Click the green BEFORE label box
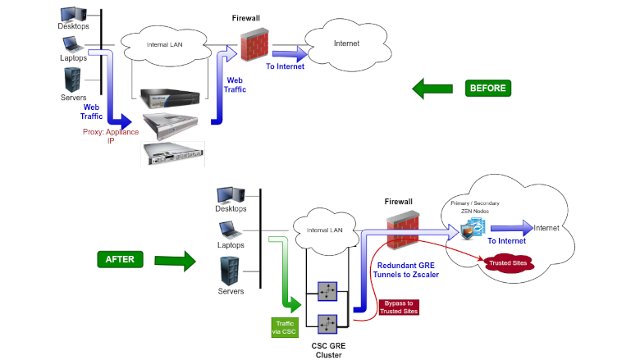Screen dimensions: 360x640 tap(487, 88)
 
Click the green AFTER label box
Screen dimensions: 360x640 tap(120, 259)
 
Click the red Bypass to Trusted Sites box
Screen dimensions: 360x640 tap(398, 308)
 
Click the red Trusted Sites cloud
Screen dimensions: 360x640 tap(507, 263)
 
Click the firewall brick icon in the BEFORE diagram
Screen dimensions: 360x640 tap(250, 44)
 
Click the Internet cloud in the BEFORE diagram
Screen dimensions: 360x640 tap(345, 43)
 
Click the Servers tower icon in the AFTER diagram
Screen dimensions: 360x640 tap(230, 270)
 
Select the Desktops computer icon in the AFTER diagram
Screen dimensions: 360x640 tap(230, 195)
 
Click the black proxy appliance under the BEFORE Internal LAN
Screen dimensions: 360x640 tap(170, 98)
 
